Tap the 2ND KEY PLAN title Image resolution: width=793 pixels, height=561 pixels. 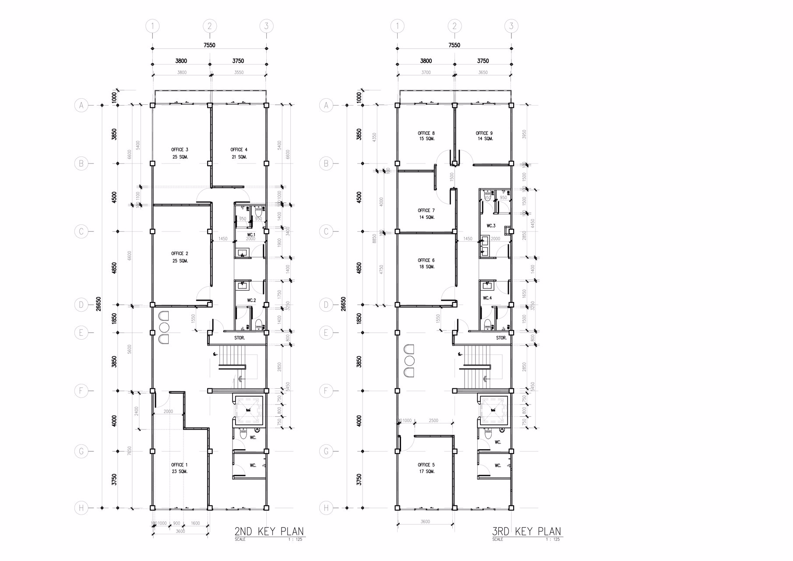pos(269,532)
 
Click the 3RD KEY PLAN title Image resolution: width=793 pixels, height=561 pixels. pos(526,532)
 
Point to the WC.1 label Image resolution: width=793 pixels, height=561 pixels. pos(251,234)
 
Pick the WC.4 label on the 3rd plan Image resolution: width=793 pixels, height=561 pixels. pos(487,298)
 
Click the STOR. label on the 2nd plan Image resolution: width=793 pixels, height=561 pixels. pos(240,338)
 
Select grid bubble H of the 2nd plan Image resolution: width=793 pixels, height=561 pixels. pos(81,508)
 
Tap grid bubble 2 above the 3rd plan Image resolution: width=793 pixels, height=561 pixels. pos(455,26)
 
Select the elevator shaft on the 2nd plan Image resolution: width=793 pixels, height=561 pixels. pos(248,411)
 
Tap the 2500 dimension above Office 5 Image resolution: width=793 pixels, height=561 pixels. pos(433,420)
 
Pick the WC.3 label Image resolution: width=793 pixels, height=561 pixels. pos(491,226)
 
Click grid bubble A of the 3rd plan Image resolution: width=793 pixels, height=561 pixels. pos(326,105)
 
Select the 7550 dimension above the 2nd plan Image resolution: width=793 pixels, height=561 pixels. pos(209,45)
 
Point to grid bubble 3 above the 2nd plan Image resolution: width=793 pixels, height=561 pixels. pos(266,26)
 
